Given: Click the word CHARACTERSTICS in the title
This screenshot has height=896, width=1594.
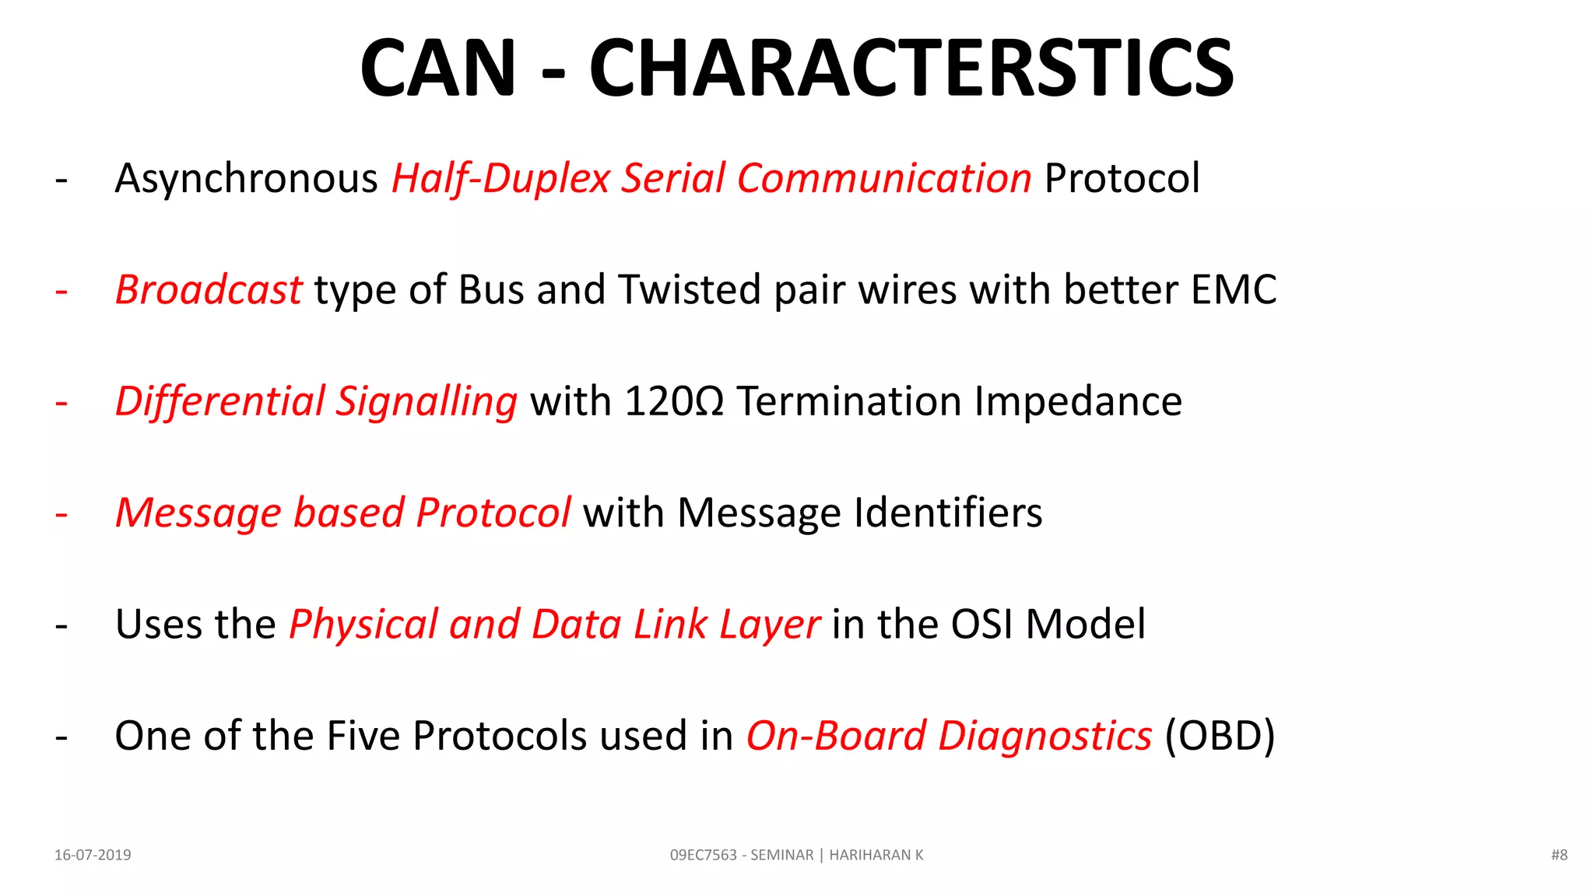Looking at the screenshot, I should [x=911, y=68].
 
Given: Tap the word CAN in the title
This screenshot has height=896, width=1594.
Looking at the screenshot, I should [x=438, y=68].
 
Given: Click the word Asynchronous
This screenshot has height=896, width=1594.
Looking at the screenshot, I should [x=246, y=179].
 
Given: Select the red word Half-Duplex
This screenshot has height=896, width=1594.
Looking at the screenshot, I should [x=500, y=179].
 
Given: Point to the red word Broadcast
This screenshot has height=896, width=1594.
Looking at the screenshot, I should [x=208, y=290].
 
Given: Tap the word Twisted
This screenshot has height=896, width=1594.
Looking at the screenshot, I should [x=690, y=290].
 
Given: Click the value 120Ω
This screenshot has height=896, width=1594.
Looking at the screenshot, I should [x=674, y=402].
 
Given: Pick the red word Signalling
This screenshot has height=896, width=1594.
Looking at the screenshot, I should [x=426, y=402].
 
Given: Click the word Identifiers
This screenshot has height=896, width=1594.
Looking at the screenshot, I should [x=948, y=513].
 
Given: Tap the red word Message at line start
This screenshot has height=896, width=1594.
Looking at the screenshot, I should [x=198, y=513].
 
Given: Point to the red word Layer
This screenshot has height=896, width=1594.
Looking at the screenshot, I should [x=769, y=625].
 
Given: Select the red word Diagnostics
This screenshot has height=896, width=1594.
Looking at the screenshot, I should [x=1045, y=736].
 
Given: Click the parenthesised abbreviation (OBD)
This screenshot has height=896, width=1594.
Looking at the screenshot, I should [x=1220, y=736].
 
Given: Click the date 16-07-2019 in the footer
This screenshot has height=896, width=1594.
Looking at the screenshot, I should [x=93, y=855].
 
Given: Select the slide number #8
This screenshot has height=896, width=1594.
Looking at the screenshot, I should [x=1559, y=855].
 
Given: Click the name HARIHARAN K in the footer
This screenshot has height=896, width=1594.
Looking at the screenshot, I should [x=876, y=855].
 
